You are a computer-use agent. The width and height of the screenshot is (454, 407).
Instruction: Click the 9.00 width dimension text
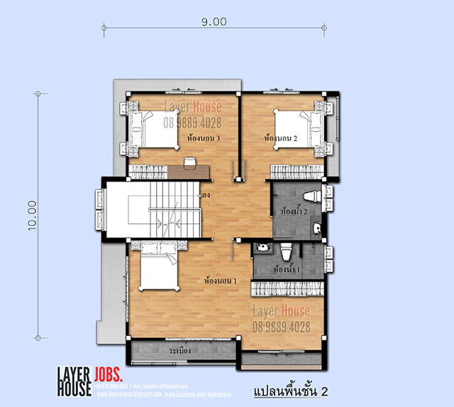pyautogui.click(x=214, y=21)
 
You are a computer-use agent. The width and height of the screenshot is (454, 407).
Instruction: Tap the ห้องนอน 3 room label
pyautogui.click(x=201, y=138)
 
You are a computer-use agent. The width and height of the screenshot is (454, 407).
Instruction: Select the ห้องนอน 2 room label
pyautogui.click(x=279, y=138)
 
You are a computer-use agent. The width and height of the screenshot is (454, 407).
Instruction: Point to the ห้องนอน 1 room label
pyautogui.click(x=219, y=280)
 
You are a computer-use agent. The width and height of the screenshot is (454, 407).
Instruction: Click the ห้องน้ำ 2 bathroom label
pyautogui.click(x=294, y=211)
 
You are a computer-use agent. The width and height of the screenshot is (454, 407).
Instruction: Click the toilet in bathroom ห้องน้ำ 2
pyautogui.click(x=311, y=195)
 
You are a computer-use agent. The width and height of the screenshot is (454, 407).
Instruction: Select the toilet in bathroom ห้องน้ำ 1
pyautogui.click(x=287, y=251)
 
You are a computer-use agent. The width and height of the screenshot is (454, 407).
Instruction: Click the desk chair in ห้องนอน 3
pyautogui.click(x=189, y=163)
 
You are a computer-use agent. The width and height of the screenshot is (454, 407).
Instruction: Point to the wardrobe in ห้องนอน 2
pyautogui.click(x=297, y=170)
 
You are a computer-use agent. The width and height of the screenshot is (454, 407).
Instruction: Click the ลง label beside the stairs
pyautogui.click(x=205, y=193)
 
